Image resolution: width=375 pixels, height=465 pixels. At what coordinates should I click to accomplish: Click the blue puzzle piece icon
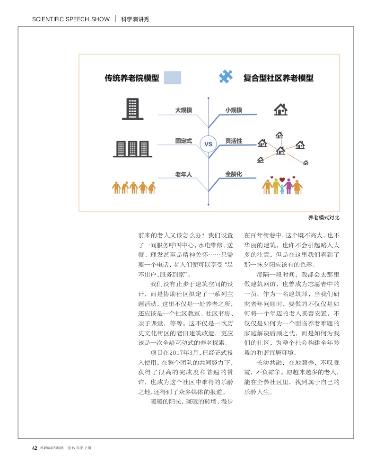pyautogui.click(x=226, y=77)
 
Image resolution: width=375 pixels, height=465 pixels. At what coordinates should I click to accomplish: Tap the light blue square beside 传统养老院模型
pyautogui.click(x=172, y=77)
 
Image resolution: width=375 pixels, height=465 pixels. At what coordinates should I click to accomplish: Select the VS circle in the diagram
pyautogui.click(x=208, y=143)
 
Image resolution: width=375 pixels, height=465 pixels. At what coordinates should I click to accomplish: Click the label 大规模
pyautogui.click(x=183, y=110)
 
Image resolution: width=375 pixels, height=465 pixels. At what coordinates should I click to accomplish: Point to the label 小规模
pyautogui.click(x=234, y=110)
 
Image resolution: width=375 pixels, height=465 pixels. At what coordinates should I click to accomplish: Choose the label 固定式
pyautogui.click(x=183, y=141)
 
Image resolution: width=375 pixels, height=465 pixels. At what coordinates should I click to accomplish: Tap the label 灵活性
pyautogui.click(x=234, y=141)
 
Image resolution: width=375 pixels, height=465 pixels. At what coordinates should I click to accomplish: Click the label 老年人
pyautogui.click(x=183, y=174)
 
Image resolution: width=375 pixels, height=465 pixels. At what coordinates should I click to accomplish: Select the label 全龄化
pyautogui.click(x=234, y=174)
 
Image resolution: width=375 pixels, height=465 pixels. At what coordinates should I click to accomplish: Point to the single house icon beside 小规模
pyautogui.click(x=281, y=109)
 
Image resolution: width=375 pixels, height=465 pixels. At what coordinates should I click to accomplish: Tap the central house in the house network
pyautogui.click(x=281, y=150)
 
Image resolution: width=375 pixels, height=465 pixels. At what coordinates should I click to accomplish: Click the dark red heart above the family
pyautogui.click(x=282, y=180)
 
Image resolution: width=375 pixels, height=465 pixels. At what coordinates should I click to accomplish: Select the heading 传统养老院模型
pyautogui.click(x=131, y=78)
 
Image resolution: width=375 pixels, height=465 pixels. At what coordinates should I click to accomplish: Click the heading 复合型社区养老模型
pyautogui.click(x=278, y=78)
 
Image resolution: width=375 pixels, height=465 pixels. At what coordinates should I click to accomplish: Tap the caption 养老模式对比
pyautogui.click(x=324, y=218)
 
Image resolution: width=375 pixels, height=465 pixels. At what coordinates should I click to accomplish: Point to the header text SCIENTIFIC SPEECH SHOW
pyautogui.click(x=70, y=19)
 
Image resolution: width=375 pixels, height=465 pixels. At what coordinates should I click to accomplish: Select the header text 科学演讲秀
pyautogui.click(x=136, y=19)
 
